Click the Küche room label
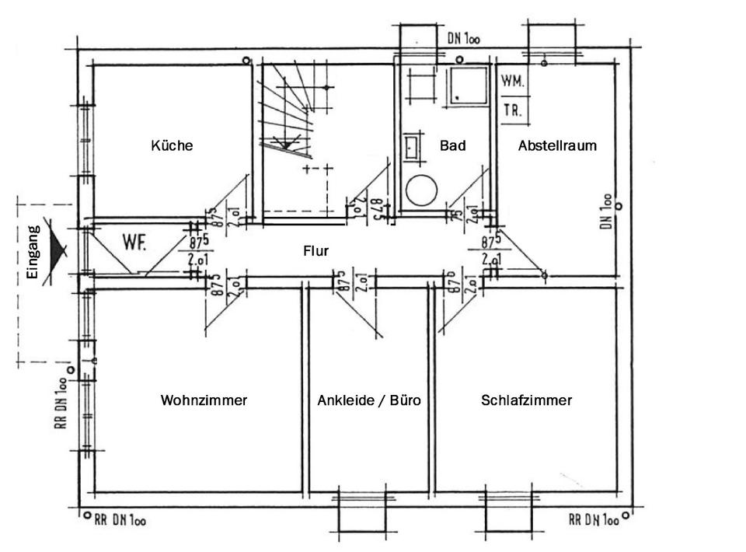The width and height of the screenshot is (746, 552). (172, 145)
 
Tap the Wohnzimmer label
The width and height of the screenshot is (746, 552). (204, 400)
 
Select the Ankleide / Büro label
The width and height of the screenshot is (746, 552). (369, 400)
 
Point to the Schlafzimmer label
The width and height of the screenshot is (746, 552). (526, 400)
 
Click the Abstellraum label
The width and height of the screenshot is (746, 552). (557, 145)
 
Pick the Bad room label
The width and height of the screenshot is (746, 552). (452, 145)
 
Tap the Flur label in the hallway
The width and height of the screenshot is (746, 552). (316, 251)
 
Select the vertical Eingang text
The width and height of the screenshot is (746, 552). (33, 251)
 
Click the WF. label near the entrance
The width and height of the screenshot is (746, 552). (134, 242)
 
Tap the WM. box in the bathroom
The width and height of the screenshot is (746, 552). (511, 81)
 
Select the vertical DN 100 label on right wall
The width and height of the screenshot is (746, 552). (605, 210)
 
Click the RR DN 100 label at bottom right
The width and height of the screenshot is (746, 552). (594, 519)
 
